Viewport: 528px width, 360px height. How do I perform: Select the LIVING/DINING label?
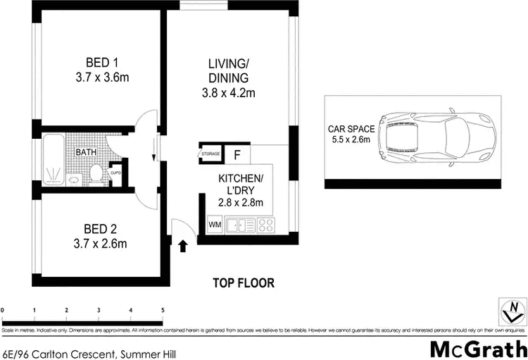pos(228,80)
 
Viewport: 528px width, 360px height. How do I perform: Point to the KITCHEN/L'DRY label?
pos(240,190)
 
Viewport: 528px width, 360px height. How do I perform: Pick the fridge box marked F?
pos(237,154)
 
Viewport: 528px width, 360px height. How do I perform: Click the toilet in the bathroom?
pos(96,172)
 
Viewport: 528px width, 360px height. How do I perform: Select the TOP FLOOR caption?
pos(244,283)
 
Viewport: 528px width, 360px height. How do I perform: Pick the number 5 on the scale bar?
pos(163,310)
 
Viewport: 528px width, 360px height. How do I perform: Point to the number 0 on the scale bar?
pos(3,310)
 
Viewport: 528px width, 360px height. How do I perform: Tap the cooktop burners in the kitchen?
pos(266,225)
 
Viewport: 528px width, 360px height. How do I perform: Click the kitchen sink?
pos(242,225)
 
